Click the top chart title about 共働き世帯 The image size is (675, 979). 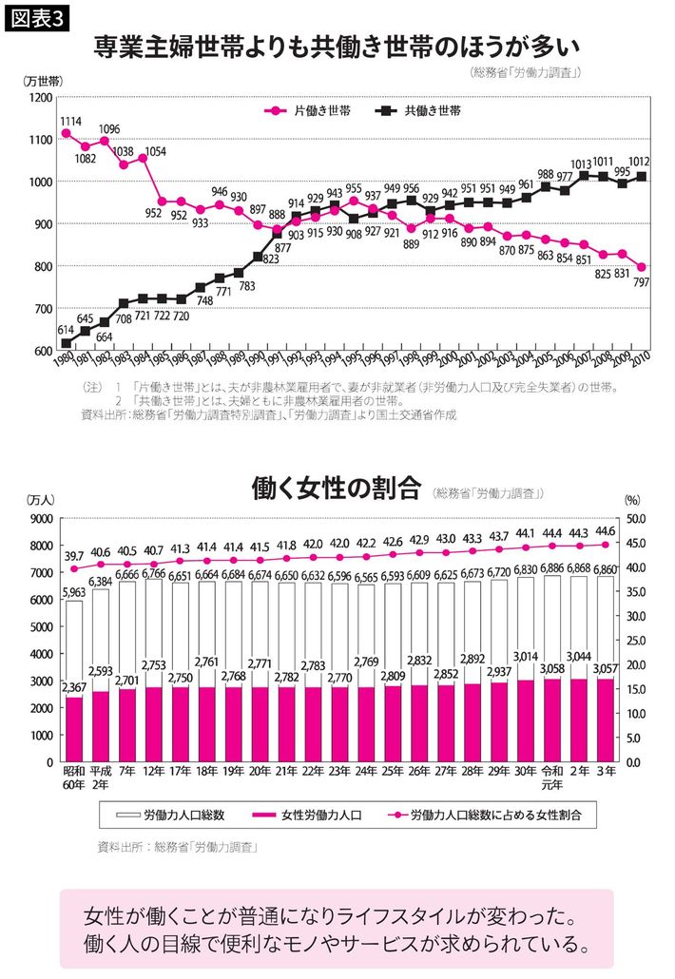337,45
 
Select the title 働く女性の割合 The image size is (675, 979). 337,489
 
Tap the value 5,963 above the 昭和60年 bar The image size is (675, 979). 74,591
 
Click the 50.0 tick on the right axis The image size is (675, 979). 635,519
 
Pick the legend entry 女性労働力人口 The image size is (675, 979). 299,815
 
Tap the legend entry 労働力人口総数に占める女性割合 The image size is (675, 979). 484,815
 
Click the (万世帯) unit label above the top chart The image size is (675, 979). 43,81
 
